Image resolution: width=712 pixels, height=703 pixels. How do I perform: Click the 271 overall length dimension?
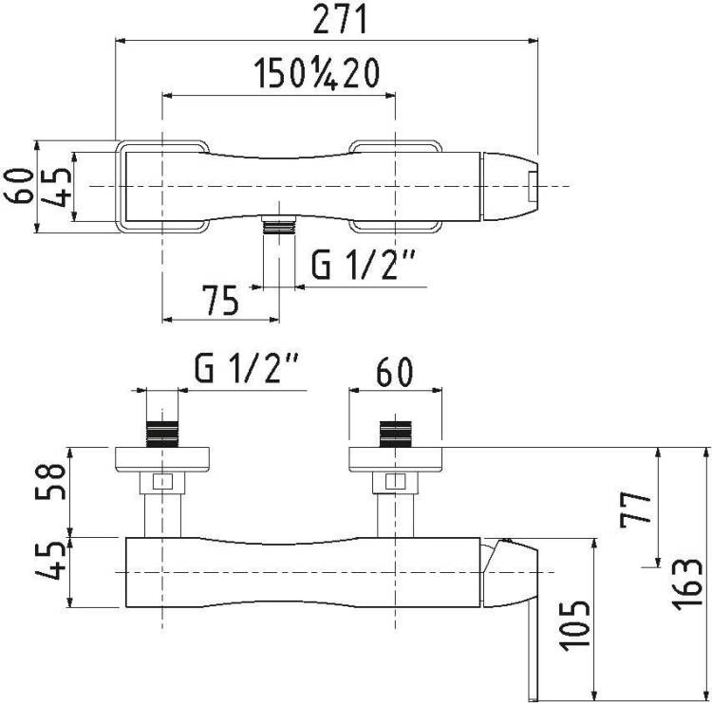340,20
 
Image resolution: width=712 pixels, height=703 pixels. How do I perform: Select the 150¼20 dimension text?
316,74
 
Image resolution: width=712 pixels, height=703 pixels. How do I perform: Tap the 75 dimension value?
220,301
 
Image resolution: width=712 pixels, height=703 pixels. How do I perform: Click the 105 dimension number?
575,626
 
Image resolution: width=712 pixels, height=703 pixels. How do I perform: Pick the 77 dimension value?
636,509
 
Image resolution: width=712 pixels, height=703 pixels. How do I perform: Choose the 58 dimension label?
50,481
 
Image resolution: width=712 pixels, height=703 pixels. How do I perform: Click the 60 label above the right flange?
395,372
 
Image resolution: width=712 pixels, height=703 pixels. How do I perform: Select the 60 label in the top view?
19,186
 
